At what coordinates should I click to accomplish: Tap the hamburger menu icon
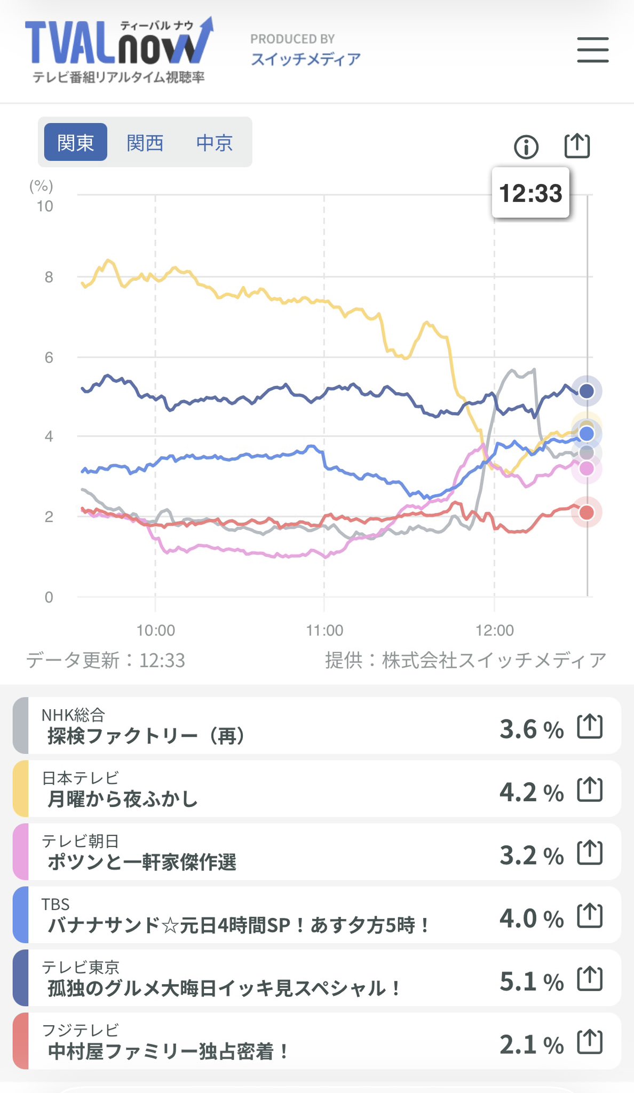coord(592,50)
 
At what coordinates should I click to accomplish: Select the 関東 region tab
coord(75,142)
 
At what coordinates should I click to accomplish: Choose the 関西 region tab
coord(145,142)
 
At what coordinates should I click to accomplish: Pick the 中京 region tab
coord(215,142)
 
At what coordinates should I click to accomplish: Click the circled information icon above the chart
coord(526,146)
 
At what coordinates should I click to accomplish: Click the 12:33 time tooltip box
coord(530,193)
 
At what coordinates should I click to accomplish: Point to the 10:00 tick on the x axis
coord(155,630)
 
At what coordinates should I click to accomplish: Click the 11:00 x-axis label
coord(324,630)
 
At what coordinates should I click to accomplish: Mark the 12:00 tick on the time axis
coord(495,630)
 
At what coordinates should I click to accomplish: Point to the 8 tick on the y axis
coord(49,277)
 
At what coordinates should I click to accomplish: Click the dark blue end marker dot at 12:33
coord(587,391)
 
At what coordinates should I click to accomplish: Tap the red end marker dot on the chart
coord(587,513)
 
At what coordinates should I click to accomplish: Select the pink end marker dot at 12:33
coord(587,469)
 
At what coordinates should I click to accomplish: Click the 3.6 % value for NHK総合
coord(531,729)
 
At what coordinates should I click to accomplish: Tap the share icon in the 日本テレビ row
coord(590,790)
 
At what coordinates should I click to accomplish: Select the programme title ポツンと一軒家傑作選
coord(142,862)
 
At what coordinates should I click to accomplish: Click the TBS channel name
coord(56,904)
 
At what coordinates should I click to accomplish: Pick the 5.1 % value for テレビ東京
coord(531,981)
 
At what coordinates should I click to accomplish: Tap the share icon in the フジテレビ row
coord(590,1042)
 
